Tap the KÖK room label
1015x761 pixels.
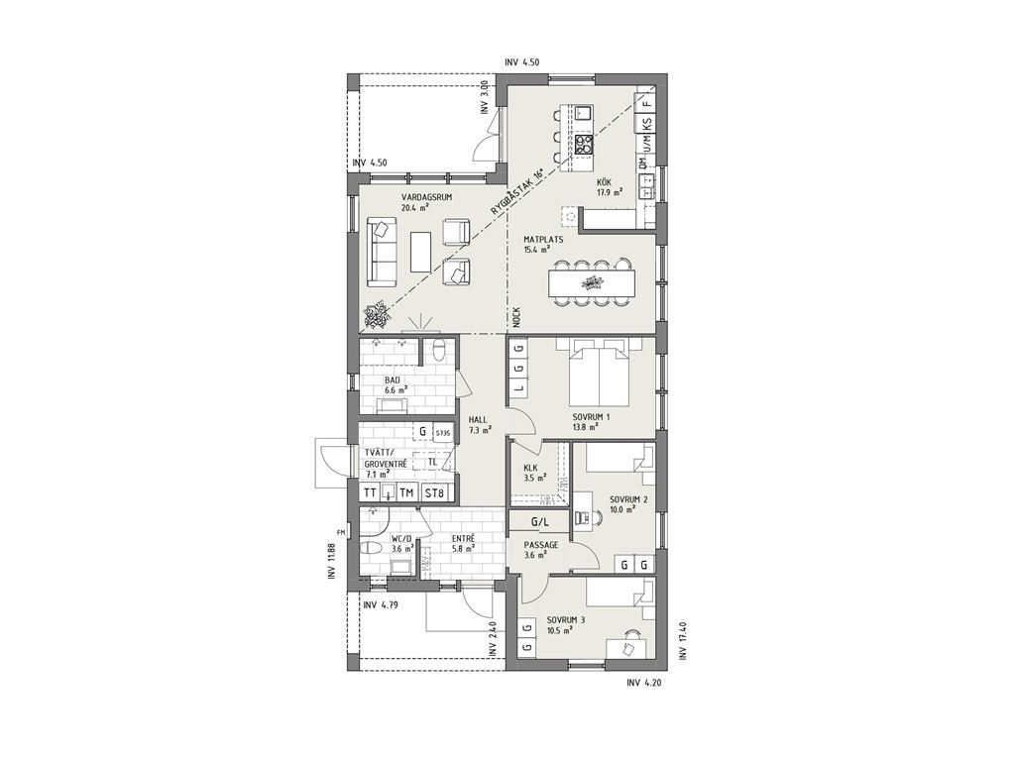click(604, 181)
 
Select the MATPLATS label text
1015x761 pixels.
click(543, 240)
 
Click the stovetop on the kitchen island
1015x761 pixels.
click(583, 143)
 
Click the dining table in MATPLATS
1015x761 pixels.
click(592, 282)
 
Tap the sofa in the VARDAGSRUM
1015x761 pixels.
click(381, 251)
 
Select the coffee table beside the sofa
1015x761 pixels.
click(421, 252)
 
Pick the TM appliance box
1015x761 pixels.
click(406, 493)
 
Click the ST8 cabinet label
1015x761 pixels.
click(435, 493)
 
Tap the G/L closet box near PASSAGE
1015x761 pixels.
click(540, 521)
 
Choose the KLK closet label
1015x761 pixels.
click(531, 468)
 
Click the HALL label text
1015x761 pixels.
click(478, 420)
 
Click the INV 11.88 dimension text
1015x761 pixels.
click(331, 561)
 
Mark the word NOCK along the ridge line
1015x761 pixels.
click(516, 317)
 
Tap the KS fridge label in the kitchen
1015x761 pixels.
click(647, 123)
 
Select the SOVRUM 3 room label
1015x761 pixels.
click(565, 620)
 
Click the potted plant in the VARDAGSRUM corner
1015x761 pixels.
click(376, 315)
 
